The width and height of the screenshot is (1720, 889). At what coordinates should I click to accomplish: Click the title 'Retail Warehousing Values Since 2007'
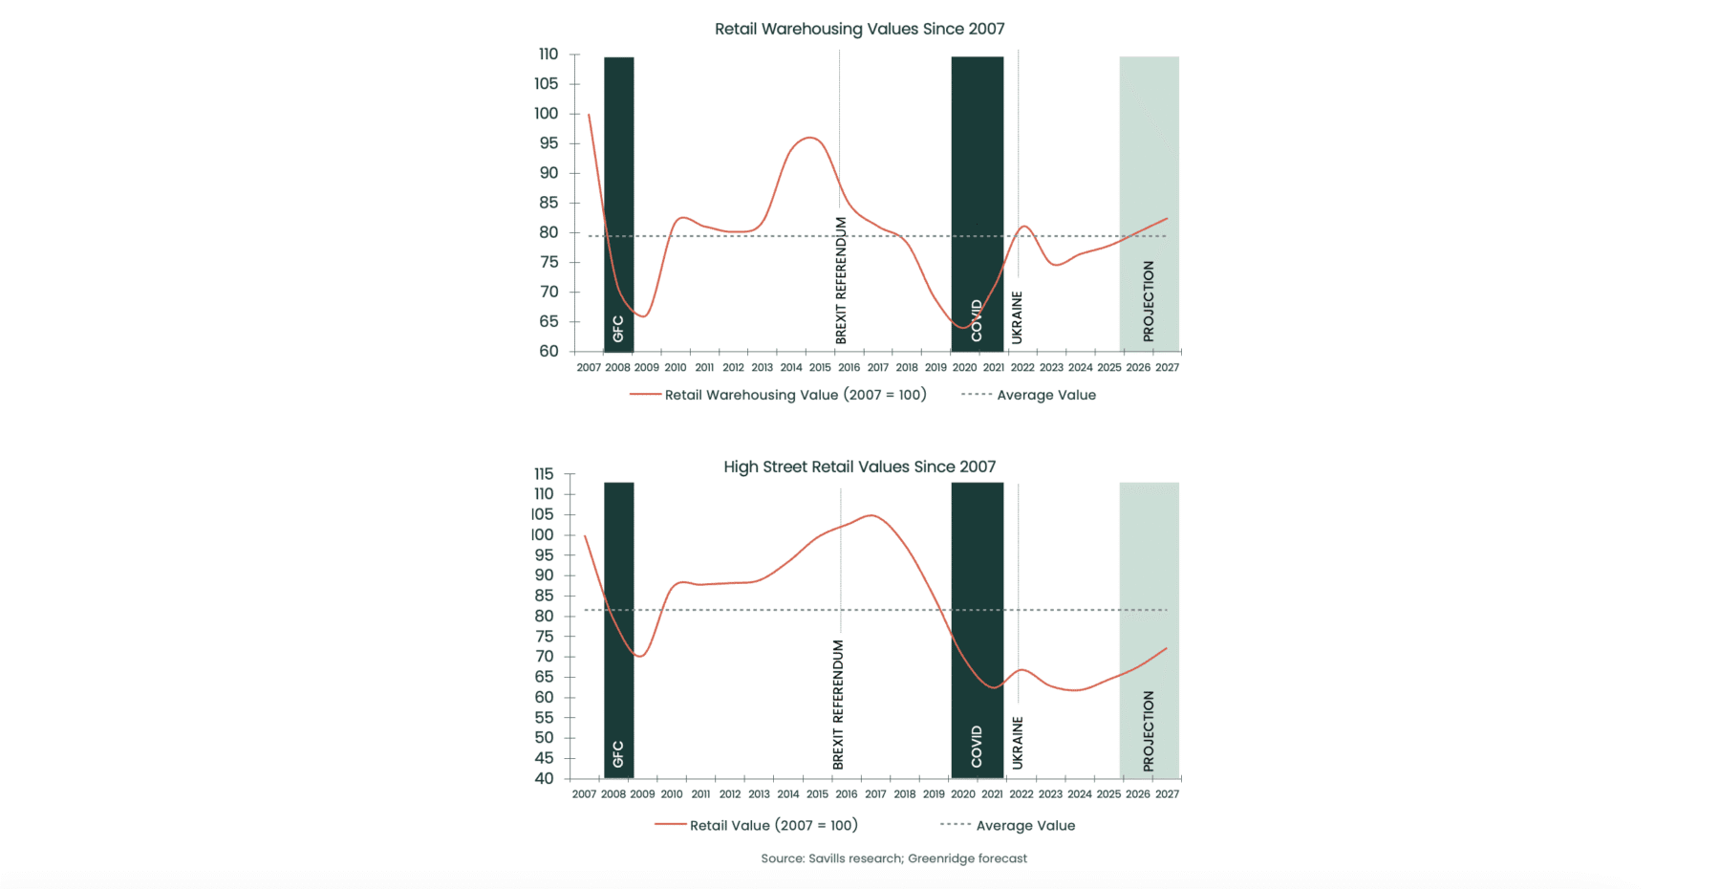859,29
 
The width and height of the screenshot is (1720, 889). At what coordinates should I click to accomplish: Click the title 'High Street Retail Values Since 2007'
859,466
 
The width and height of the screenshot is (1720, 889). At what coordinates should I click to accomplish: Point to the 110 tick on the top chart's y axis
548,54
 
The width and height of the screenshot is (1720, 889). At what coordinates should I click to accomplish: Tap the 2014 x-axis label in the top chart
791,367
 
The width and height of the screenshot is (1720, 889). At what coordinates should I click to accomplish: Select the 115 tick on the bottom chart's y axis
544,474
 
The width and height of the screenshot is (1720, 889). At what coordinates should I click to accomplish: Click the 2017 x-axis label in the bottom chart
875,793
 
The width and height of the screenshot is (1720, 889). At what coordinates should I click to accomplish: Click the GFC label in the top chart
618,329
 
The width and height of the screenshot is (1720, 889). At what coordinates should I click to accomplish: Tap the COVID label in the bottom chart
977,747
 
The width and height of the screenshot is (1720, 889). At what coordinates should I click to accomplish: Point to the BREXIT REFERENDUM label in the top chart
841,280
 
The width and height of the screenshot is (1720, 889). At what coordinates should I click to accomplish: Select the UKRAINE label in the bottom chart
1018,743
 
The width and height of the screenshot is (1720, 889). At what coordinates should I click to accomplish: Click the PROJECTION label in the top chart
1149,301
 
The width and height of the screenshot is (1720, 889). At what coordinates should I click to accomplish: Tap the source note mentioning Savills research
893,858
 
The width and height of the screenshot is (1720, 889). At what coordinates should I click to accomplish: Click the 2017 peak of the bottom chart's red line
871,515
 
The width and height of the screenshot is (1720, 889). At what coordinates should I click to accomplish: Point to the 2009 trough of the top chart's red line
644,316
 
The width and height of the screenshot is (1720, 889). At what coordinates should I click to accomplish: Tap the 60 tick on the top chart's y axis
548,351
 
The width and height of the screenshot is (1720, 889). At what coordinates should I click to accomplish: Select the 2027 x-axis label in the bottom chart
1167,793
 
